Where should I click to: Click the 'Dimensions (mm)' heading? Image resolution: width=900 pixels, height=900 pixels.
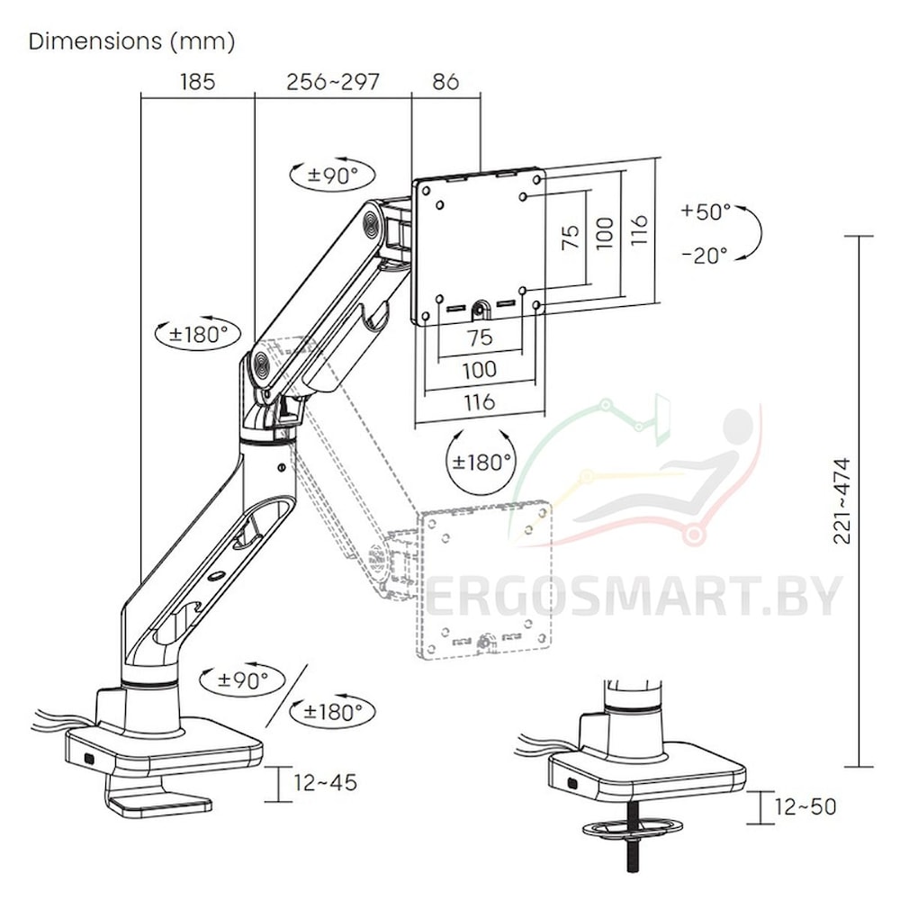coord(131,41)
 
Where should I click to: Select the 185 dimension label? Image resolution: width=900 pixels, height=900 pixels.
coord(197,82)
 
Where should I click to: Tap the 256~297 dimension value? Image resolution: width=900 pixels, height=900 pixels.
coord(333,82)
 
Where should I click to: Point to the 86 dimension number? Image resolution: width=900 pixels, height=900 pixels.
coord(445,82)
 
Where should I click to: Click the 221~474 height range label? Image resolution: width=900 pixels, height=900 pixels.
coord(841,500)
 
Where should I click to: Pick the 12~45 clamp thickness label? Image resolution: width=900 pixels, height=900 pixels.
coord(326,782)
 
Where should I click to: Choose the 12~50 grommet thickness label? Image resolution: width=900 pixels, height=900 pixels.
coord(805,806)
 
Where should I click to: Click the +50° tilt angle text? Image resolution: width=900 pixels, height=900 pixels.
coord(706,211)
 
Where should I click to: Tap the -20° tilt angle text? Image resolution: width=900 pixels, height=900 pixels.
coord(705,255)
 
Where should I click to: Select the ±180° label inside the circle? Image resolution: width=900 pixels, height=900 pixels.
coord(481,461)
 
